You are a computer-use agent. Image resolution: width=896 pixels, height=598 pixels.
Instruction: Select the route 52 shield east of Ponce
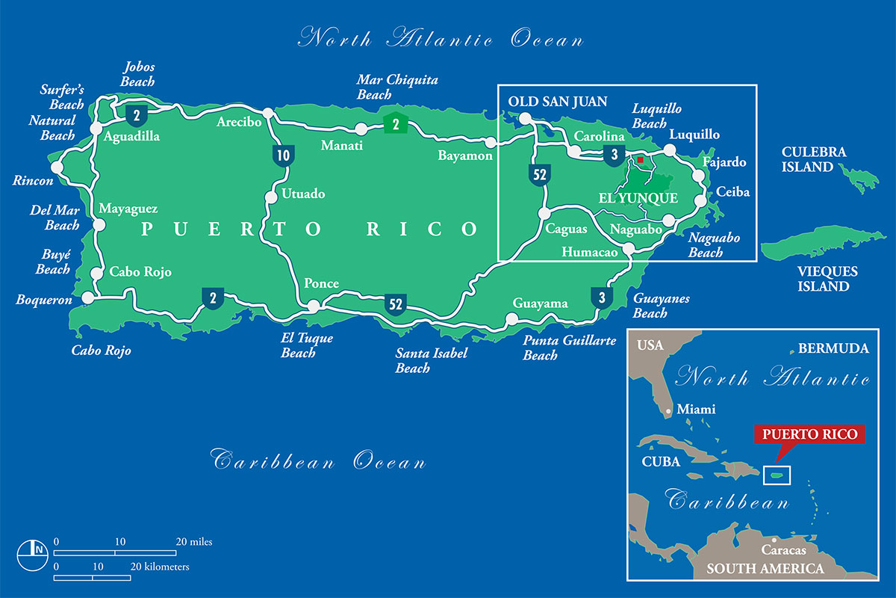(396, 303)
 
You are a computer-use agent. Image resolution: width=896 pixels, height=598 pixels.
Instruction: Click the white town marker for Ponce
(314, 306)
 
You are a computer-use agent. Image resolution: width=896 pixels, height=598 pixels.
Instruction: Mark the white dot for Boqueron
(87, 298)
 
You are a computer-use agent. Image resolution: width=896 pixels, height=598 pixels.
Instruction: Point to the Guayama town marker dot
(511, 319)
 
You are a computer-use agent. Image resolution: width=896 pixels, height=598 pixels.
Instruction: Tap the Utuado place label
(303, 194)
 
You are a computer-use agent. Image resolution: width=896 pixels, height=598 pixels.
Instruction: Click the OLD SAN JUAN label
(558, 102)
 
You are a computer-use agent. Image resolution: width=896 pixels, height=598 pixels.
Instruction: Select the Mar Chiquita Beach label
(397, 87)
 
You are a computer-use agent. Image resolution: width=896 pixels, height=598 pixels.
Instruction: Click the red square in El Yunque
(640, 159)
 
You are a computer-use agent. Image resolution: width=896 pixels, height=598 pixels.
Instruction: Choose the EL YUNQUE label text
(638, 199)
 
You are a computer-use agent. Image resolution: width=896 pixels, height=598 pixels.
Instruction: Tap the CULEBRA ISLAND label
(814, 159)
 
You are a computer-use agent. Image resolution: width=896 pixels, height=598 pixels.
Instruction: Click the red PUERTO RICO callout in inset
(809, 434)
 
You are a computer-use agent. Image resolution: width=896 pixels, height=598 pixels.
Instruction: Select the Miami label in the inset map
(695, 409)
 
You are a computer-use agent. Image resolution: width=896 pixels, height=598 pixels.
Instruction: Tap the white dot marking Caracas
(774, 540)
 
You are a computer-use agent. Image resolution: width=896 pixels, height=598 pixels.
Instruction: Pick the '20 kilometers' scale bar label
(160, 567)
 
